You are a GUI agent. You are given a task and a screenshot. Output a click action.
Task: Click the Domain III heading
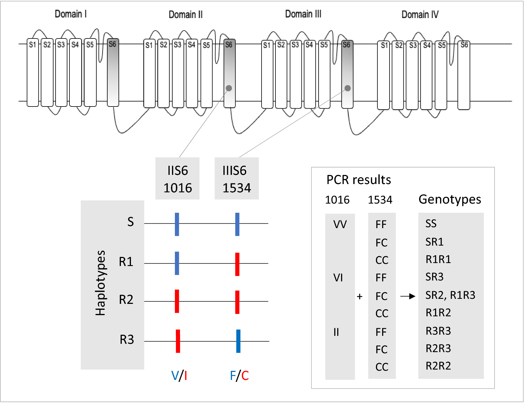pos(303,14)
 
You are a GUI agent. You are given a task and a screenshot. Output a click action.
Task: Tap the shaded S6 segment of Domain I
pos(113,72)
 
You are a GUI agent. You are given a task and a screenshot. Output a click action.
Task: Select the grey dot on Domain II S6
pos(229,88)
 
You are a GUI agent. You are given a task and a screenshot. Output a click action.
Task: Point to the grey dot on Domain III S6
pos(348,88)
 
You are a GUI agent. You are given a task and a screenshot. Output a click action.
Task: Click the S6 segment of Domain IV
pos(463,75)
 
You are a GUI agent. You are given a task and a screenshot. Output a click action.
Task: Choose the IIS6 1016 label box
pos(177,179)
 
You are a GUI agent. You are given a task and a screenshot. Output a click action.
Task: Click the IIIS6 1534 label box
pos(236,179)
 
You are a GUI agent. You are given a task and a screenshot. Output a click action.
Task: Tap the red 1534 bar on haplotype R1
pos(237,264)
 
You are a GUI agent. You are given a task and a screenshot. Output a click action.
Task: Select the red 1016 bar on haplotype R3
pos(178,341)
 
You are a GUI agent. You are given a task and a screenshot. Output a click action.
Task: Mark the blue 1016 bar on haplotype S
pos(177,224)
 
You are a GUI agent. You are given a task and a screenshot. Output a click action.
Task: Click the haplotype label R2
pos(126,300)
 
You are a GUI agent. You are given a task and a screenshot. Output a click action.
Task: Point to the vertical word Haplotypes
pos(100,283)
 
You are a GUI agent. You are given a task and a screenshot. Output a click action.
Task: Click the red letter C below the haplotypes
pos(245,376)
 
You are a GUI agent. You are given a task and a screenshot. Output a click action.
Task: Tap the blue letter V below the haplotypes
pos(175,376)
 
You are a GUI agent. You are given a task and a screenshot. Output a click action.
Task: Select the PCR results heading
pos(358,180)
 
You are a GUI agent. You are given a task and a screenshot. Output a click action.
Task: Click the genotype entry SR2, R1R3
pos(450,295)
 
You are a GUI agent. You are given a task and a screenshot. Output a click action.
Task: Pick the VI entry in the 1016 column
pos(338,278)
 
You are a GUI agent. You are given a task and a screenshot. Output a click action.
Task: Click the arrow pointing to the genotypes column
pos(408,296)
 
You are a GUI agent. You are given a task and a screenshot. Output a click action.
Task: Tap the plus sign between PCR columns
pos(360,296)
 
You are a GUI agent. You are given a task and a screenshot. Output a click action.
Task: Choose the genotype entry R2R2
pos(438,366)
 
